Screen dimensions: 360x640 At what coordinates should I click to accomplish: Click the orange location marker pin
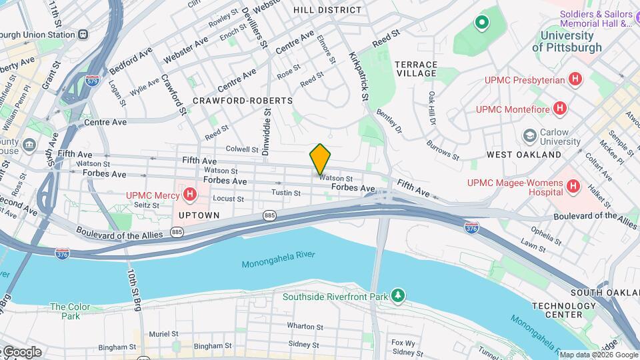[320, 159]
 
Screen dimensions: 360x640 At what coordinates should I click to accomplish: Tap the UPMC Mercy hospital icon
[191, 195]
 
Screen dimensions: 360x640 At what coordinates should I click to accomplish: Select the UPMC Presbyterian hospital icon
[575, 80]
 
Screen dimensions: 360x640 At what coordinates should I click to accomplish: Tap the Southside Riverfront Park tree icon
[398, 295]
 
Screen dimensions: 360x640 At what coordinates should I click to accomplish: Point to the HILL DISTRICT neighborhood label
[327, 10]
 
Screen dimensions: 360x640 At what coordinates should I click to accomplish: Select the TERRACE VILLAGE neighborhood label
[416, 69]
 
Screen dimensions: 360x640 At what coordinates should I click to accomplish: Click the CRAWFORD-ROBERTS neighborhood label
[243, 101]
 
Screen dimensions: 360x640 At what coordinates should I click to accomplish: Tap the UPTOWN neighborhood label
[199, 215]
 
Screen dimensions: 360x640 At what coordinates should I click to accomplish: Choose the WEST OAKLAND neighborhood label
[524, 155]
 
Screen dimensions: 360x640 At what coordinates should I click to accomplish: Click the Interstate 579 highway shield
[93, 81]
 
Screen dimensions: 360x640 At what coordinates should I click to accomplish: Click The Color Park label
[70, 311]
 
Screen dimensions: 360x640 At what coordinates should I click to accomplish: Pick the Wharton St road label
[305, 327]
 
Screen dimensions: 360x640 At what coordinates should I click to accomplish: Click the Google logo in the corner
[21, 352]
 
